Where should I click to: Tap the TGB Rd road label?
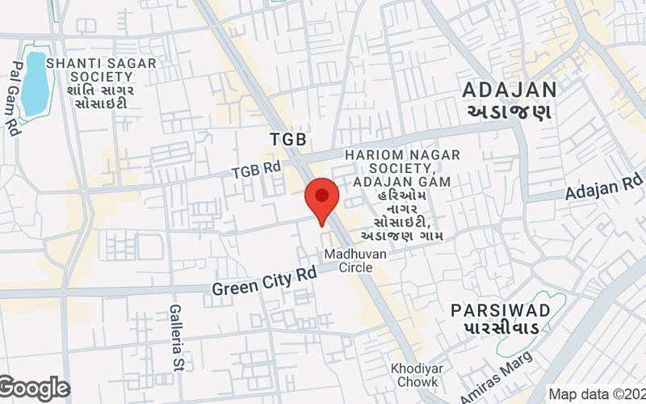click(255, 170)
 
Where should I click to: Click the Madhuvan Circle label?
click(355, 261)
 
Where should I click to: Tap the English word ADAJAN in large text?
click(510, 90)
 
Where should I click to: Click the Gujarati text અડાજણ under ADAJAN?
click(509, 112)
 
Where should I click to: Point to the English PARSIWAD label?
click(501, 310)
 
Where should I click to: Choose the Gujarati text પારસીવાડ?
click(501, 330)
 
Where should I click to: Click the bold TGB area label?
click(287, 140)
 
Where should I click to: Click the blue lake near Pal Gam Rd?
click(35, 83)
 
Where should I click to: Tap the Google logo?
click(34, 389)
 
